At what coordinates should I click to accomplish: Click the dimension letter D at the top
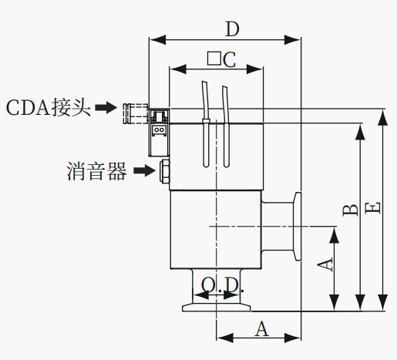(x=232, y=29)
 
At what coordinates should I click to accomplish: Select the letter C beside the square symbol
(x=229, y=60)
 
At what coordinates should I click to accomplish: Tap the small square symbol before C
(x=214, y=59)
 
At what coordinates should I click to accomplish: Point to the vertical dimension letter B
(x=350, y=210)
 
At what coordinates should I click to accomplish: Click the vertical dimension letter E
(x=372, y=208)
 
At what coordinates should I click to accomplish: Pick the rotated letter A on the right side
(x=325, y=264)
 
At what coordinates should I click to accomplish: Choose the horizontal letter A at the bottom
(x=262, y=328)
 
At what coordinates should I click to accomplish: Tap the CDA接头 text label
(x=49, y=108)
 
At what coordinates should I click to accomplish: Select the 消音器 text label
(x=96, y=171)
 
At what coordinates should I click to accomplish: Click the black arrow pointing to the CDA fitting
(x=106, y=107)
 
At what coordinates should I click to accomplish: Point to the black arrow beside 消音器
(x=145, y=170)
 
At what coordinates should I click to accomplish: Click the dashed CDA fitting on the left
(x=136, y=113)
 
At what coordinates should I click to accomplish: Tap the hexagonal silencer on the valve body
(x=164, y=171)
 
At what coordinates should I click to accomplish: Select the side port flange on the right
(x=297, y=226)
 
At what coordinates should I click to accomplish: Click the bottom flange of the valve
(x=217, y=308)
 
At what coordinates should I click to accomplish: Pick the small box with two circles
(x=160, y=130)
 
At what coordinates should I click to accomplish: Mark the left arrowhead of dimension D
(x=157, y=40)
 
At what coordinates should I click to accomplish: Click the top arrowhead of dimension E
(x=383, y=117)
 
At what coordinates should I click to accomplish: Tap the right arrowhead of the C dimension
(x=254, y=69)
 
